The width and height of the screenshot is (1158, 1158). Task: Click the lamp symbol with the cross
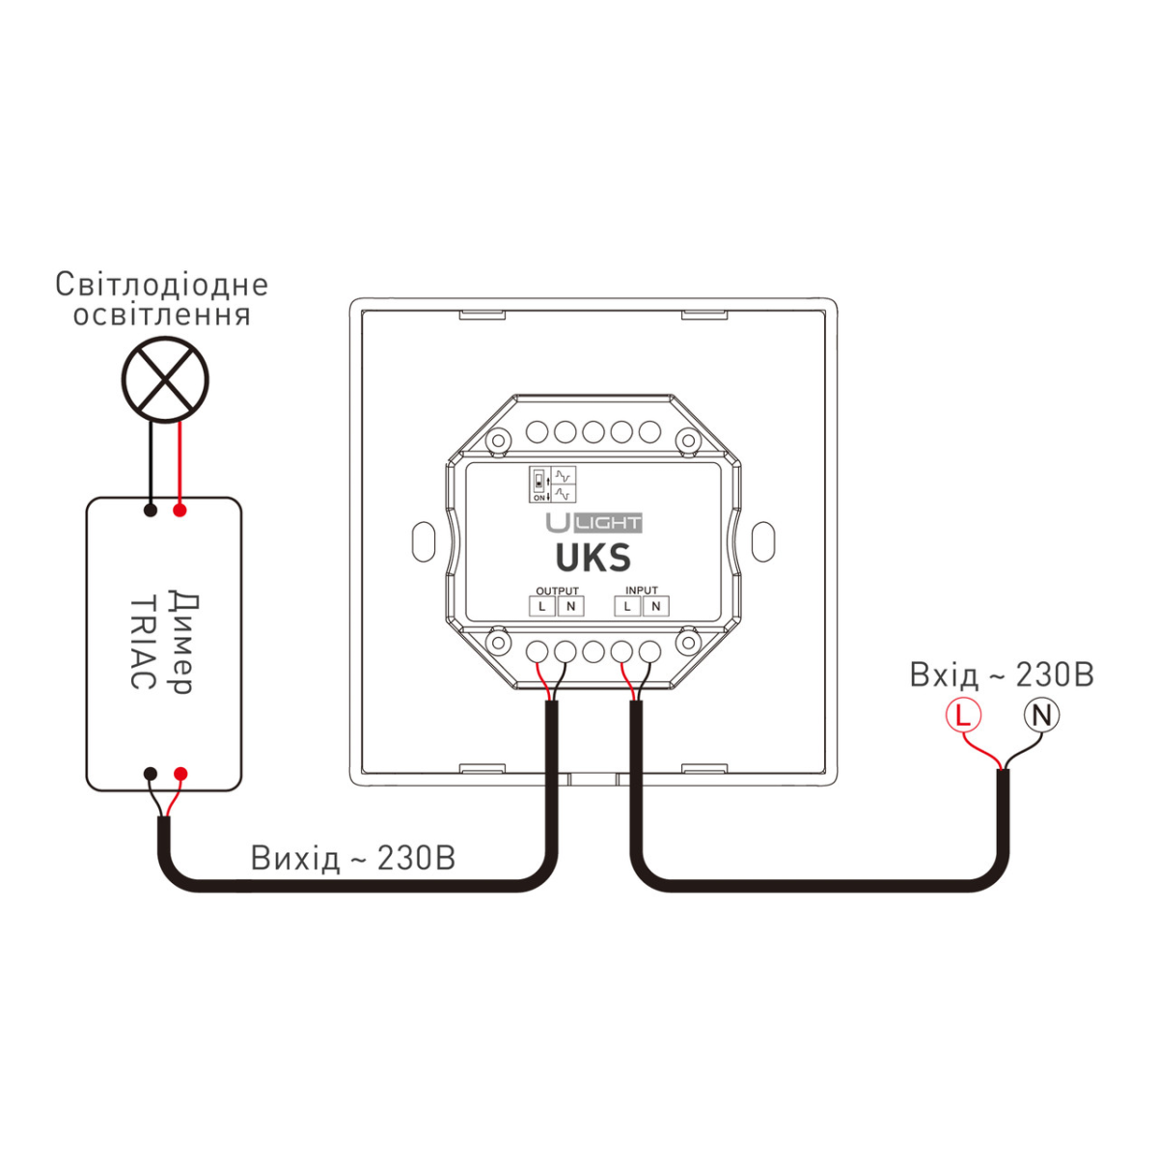166,379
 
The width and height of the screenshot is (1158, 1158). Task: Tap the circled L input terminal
962,715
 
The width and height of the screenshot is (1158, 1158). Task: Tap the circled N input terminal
1041,715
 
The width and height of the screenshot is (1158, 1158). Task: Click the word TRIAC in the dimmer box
142,641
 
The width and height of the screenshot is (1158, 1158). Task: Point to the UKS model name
593,559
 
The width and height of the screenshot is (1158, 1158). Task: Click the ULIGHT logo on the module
593,523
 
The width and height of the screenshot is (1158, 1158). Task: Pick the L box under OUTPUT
542,606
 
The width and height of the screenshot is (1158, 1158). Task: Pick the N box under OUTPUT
570,606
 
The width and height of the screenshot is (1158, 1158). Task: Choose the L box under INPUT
628,606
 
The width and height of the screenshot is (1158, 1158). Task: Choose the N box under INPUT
656,606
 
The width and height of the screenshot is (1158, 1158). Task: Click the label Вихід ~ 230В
352,858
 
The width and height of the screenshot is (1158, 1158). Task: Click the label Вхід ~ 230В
1001,675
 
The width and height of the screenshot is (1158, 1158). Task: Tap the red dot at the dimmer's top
179,510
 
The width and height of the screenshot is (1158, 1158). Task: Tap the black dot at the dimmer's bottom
151,774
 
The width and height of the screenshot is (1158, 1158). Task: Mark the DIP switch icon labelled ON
538,485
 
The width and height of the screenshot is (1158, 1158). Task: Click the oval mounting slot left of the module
423,541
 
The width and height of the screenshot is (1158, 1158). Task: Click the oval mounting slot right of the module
762,541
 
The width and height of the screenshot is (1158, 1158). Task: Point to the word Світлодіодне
161,285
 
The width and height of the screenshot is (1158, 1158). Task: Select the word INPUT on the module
642,591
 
